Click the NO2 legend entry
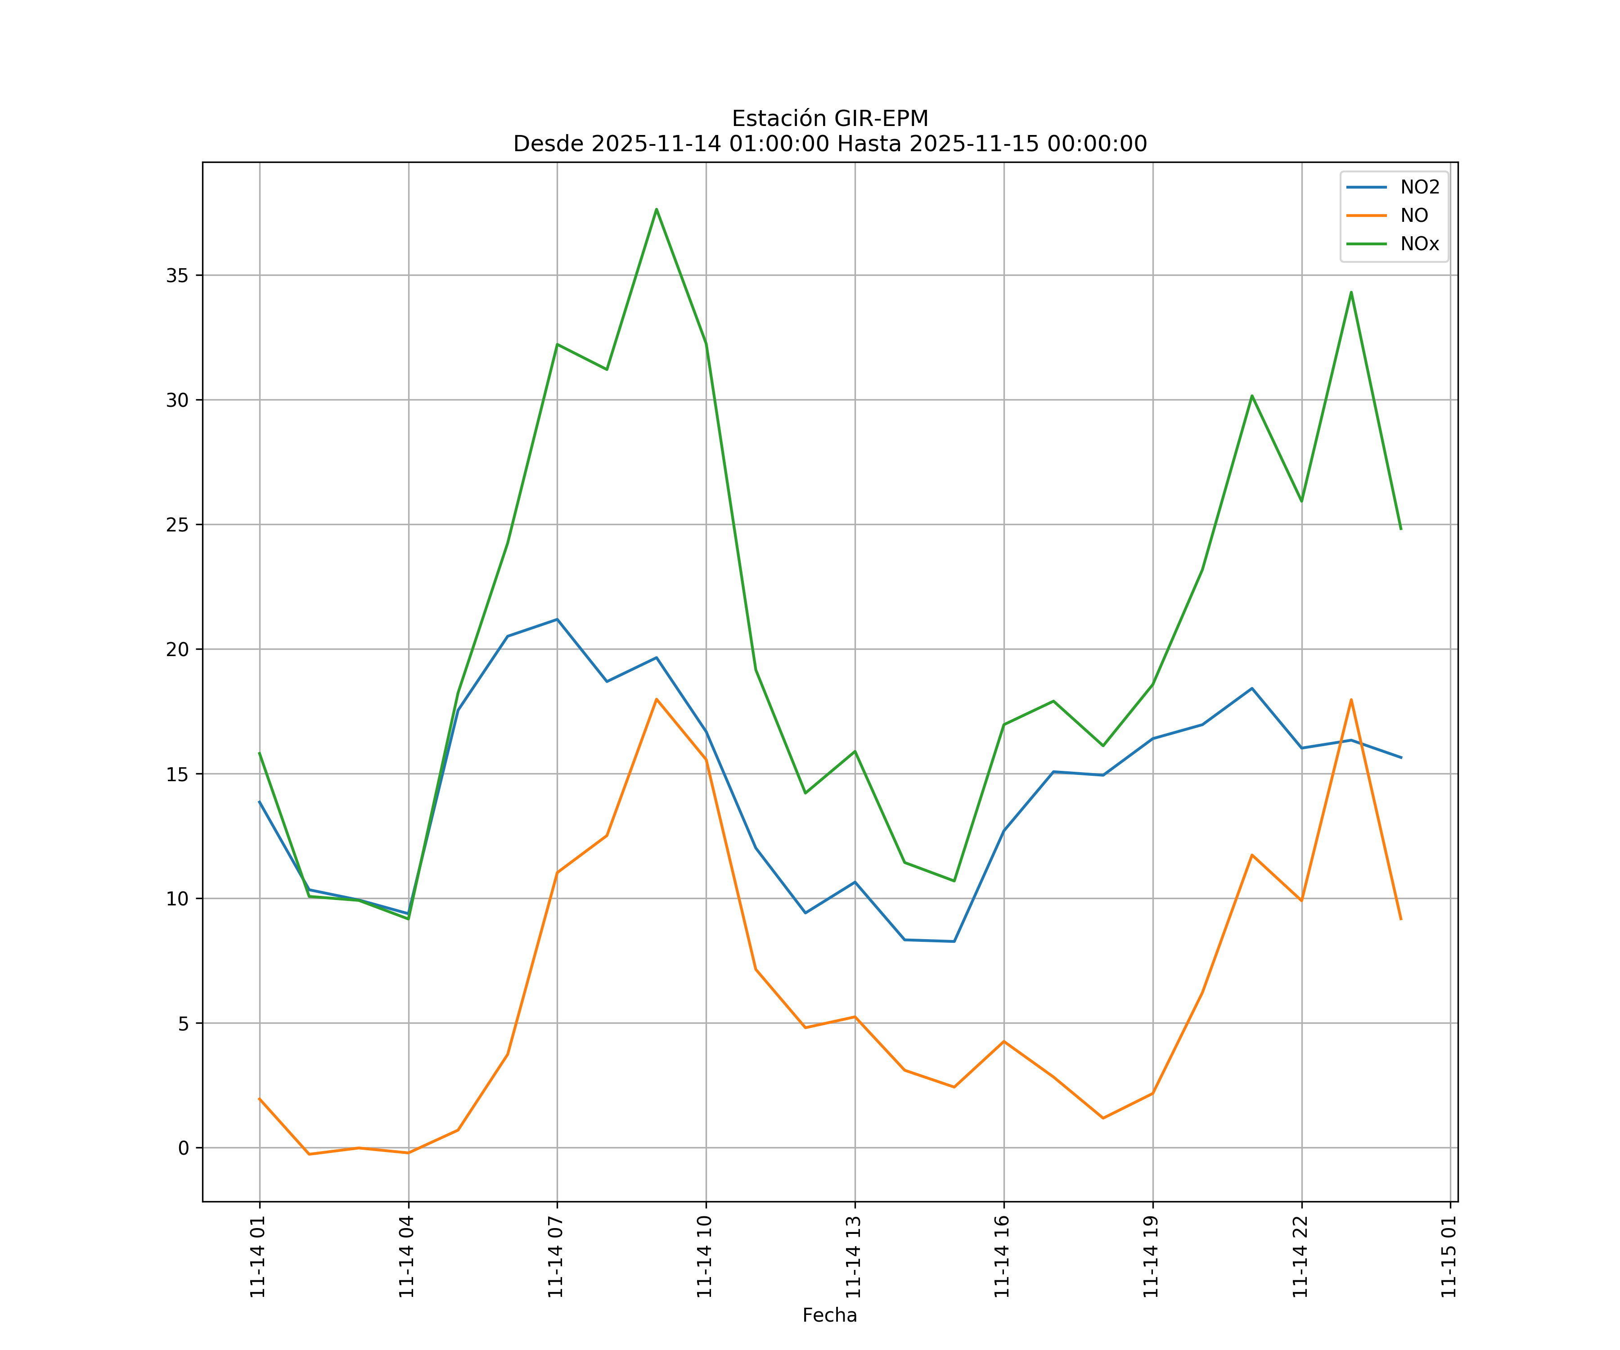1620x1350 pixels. click(x=1419, y=188)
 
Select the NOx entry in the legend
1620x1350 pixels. click(x=1419, y=244)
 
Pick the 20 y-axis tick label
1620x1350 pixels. click(x=177, y=649)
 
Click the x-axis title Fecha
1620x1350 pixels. click(x=829, y=1315)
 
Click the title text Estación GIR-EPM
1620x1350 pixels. click(x=829, y=119)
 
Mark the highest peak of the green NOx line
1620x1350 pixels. click(x=657, y=209)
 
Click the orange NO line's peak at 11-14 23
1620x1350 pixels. click(x=1351, y=700)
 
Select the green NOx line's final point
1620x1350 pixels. click(x=1401, y=529)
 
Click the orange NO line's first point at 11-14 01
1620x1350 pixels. click(x=259, y=1098)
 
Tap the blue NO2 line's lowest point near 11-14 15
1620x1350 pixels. click(x=954, y=941)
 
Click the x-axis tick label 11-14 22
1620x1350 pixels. click(x=1300, y=1257)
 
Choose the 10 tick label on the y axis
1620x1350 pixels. click(x=177, y=899)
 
